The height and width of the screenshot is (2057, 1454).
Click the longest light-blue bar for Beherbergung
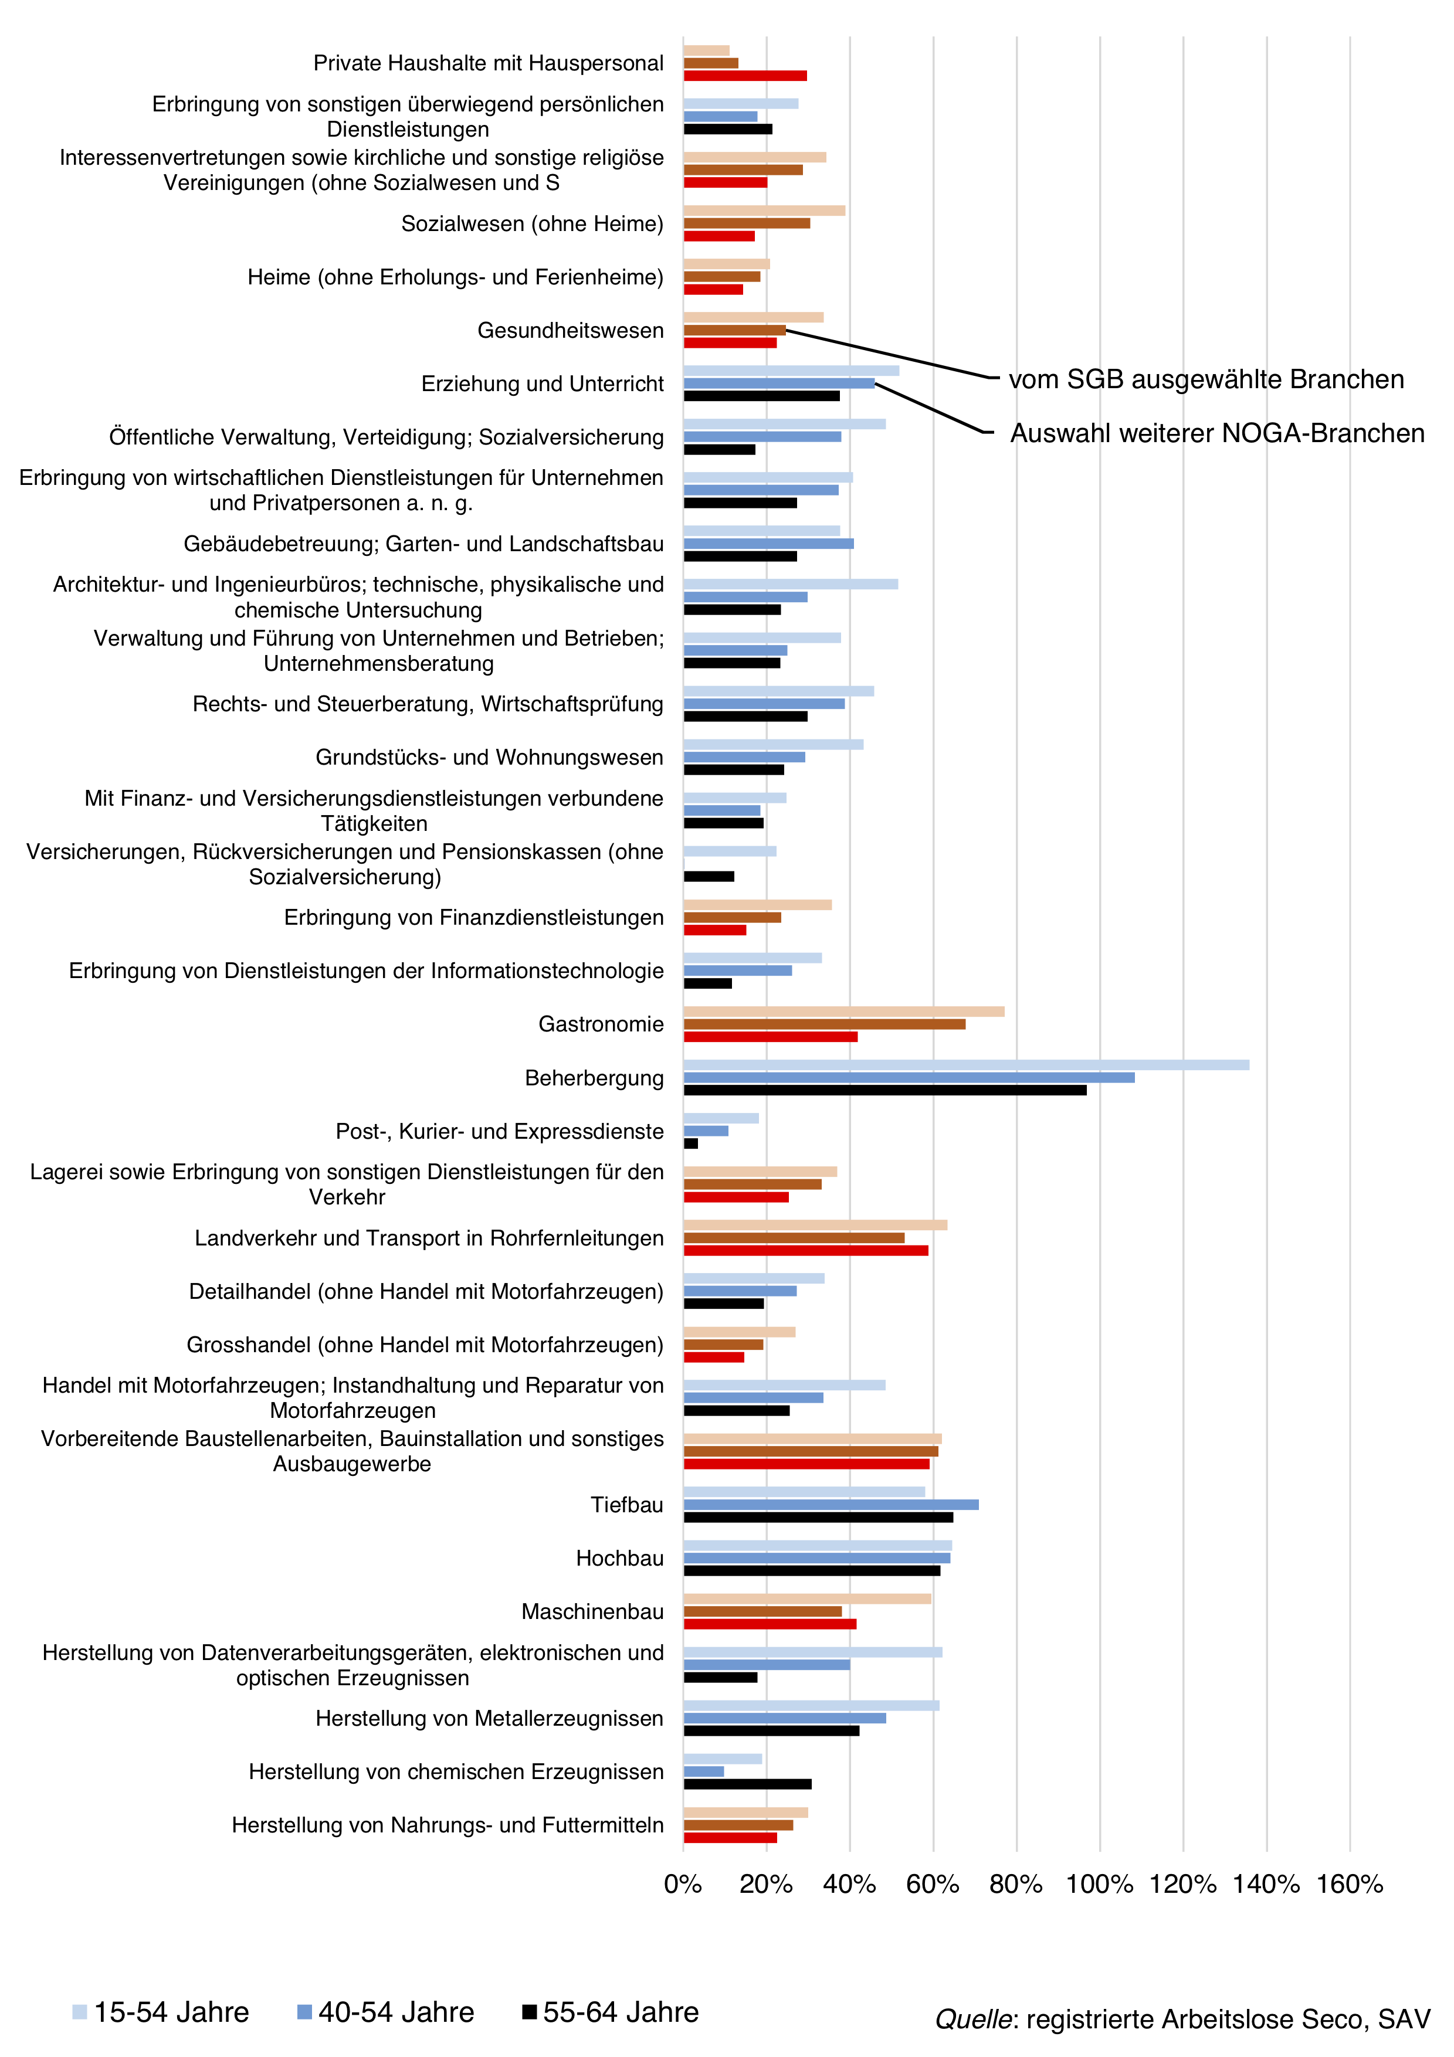point(966,1064)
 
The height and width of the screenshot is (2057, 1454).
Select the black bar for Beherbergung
point(885,1090)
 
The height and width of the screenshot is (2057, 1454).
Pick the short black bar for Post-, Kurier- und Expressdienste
point(691,1144)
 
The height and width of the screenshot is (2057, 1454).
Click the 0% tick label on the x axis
point(683,1884)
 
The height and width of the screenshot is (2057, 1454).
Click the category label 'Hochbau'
point(620,1558)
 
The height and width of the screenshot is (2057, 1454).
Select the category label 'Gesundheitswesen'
point(571,331)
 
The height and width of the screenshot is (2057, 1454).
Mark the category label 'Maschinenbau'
point(593,1612)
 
